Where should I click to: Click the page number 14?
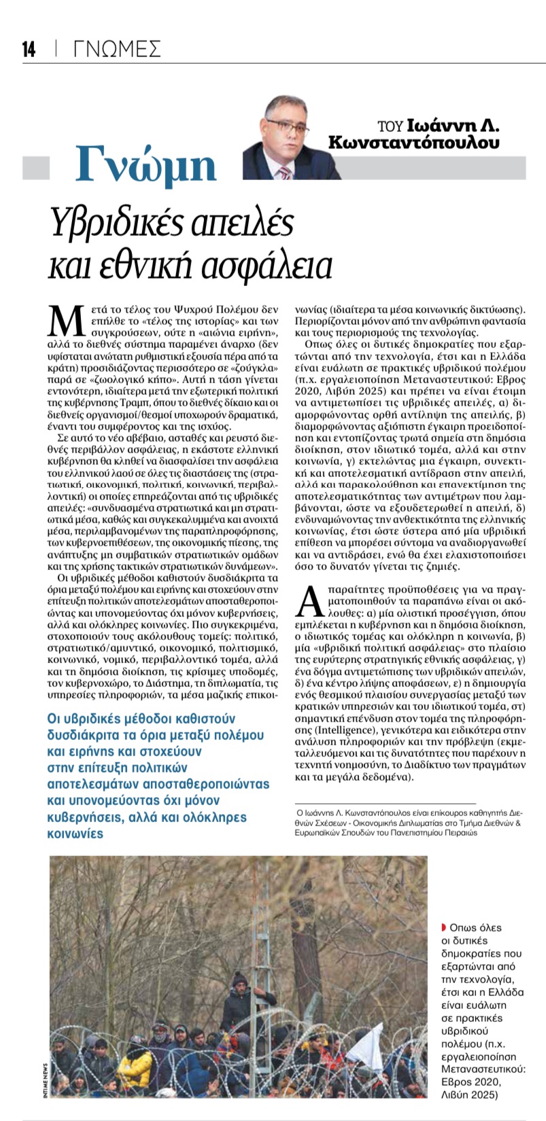pos(29,50)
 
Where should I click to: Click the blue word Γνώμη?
pos(146,164)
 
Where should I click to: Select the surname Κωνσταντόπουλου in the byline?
pos(413,143)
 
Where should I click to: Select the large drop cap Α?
pos(310,605)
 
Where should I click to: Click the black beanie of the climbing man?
pos(239,979)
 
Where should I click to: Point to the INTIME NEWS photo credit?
pos(44,1080)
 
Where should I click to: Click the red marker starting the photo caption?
pos(443,927)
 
